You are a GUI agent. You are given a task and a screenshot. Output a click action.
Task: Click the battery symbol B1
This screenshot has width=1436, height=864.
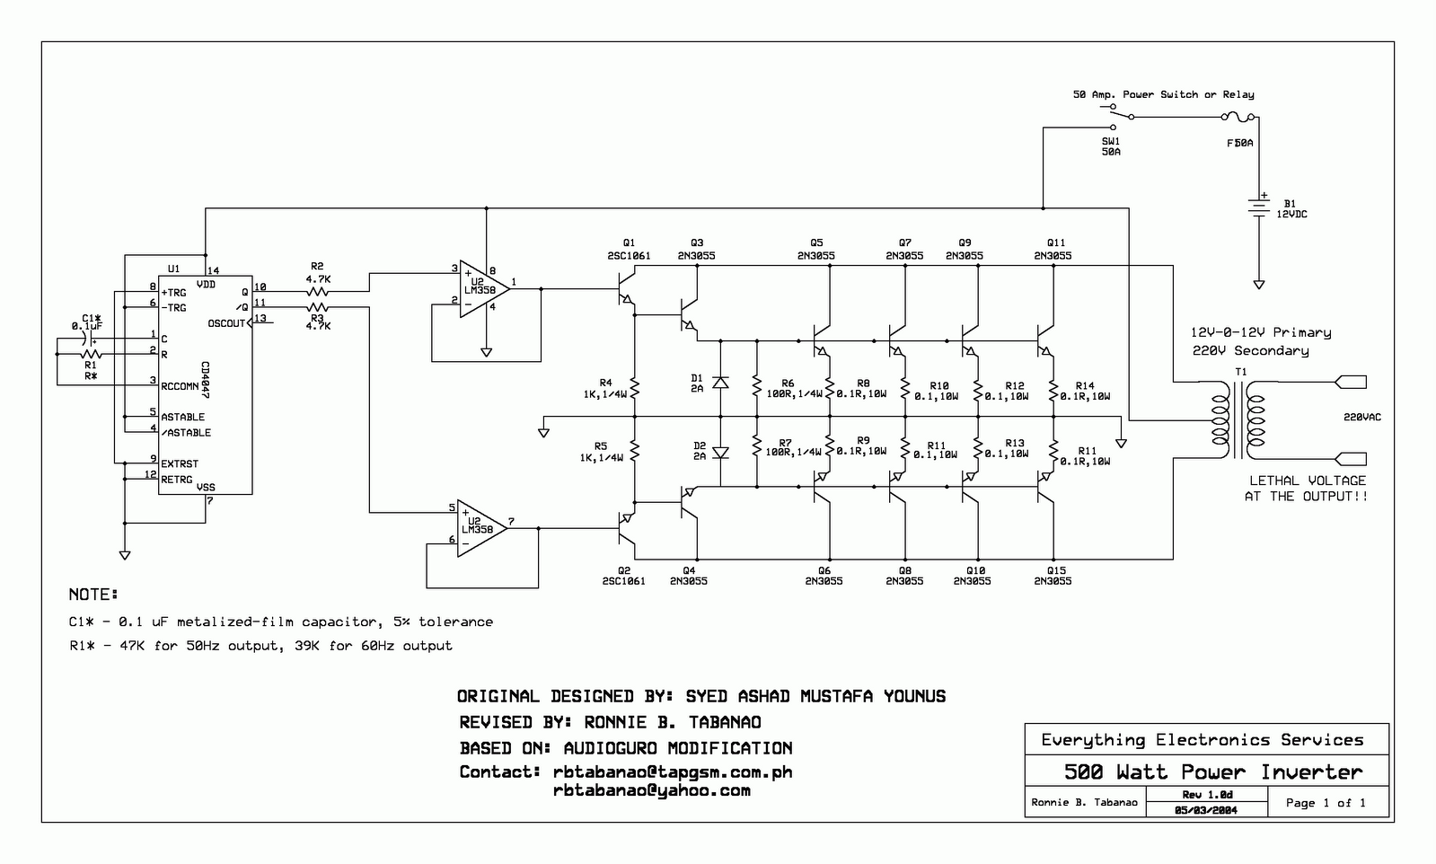pos(1259,207)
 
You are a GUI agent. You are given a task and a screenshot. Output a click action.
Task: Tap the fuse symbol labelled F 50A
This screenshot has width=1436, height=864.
pos(1238,117)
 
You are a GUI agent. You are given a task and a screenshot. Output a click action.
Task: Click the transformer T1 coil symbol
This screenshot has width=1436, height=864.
pos(1238,419)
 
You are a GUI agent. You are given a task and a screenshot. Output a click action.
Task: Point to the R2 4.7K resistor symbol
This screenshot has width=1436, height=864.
pos(318,292)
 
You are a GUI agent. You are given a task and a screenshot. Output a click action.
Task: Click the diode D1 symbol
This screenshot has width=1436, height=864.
pos(720,383)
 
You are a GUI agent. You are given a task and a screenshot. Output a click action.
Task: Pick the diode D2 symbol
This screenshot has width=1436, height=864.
pos(720,453)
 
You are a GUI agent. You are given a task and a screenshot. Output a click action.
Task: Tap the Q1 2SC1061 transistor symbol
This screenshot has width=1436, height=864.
pos(626,288)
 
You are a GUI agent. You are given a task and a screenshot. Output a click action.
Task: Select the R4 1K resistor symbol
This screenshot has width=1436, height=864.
pos(635,388)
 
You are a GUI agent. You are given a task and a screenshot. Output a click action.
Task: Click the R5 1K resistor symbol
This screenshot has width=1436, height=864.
pos(635,451)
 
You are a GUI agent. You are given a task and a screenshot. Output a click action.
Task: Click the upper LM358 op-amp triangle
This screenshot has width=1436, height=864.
pos(485,289)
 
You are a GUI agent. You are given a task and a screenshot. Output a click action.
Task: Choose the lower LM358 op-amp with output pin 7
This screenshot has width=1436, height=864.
pos(482,528)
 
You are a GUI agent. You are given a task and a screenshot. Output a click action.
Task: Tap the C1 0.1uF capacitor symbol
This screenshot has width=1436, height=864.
pos(92,339)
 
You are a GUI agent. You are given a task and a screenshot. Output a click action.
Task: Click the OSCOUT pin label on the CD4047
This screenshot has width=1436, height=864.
pos(226,323)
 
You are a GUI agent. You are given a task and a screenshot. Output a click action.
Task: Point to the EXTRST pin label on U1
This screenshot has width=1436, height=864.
pos(180,463)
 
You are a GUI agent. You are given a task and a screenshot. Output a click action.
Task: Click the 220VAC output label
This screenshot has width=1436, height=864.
pos(1362,418)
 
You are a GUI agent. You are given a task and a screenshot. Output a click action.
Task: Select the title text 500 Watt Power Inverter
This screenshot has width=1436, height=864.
pos(1213,771)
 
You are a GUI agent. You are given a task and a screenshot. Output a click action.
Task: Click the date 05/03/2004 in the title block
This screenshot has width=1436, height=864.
pos(1206,810)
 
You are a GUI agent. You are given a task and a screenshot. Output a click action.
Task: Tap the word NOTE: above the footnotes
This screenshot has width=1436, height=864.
pos(93,595)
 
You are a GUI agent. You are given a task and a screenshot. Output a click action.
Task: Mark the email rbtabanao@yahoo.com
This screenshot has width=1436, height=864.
pos(651,791)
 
